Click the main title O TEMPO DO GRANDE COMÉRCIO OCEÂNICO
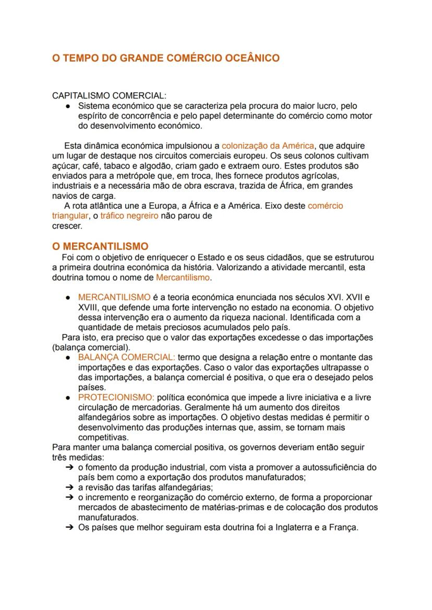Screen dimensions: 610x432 [x=165, y=58]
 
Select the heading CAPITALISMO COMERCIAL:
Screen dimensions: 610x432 [x=109, y=96]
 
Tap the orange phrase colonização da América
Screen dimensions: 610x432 [x=268, y=146]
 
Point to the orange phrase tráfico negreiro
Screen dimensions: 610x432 [x=129, y=216]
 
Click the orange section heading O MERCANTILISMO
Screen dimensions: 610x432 [x=100, y=246]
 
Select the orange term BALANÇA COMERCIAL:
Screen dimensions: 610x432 [x=126, y=357]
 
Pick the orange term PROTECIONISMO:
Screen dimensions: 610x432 [x=116, y=398]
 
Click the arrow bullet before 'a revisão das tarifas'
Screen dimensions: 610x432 [x=69, y=487]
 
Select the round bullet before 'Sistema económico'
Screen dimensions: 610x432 [x=68, y=106]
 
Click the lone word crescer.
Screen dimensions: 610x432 [x=67, y=226]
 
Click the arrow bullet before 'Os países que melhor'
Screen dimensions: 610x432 [x=69, y=527]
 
